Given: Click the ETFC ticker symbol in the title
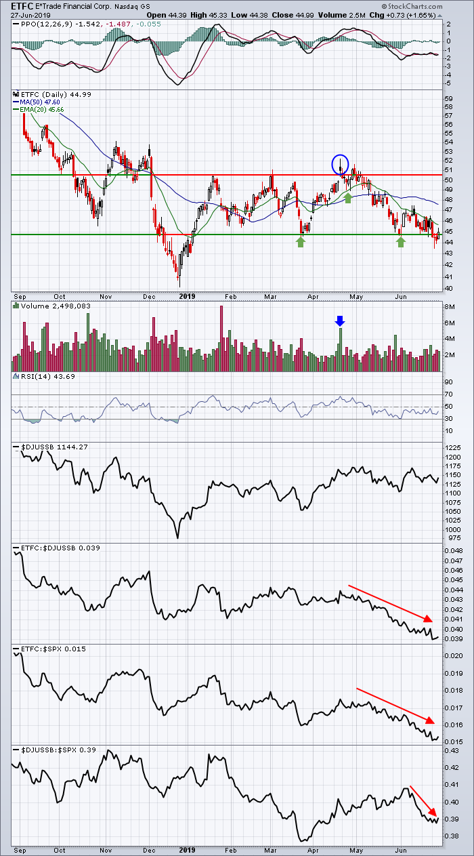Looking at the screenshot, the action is click(22, 6).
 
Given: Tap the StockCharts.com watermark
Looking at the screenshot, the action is click(412, 7).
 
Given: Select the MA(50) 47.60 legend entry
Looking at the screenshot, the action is click(37, 102).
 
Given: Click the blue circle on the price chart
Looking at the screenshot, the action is click(340, 164).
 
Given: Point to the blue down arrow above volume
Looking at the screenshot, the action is click(340, 321).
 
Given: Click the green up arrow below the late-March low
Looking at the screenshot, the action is click(301, 242).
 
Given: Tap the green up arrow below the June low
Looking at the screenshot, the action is click(400, 242).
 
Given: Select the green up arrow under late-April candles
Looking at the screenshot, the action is click(347, 198).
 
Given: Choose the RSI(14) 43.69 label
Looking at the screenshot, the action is click(48, 376).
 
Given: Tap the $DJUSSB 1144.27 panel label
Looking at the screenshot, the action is click(55, 447).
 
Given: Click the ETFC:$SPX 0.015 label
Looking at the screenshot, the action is click(53, 649).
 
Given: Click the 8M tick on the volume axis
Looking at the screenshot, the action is click(450, 307).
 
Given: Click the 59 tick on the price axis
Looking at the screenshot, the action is click(448, 98).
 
